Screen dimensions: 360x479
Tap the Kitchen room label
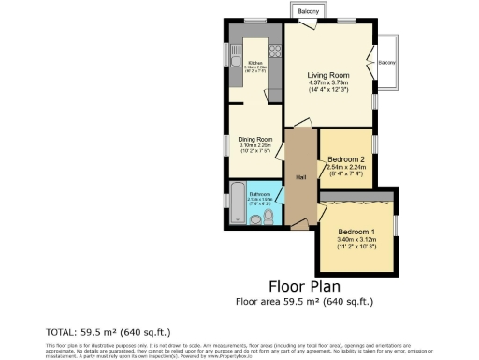(254, 63)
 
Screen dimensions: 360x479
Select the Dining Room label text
(254, 139)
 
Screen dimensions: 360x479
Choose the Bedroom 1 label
(356, 232)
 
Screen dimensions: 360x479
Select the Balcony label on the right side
(386, 63)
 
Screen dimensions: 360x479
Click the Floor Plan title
(304, 286)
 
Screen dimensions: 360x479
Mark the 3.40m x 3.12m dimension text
(356, 240)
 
